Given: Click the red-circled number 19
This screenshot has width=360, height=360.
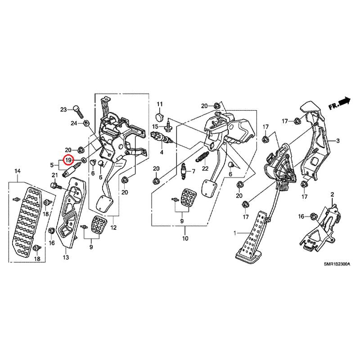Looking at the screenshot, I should pos(68,160).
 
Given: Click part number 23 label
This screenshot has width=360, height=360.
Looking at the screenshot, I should pos(63,109).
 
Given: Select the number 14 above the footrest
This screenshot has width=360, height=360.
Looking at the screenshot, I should pos(18,171).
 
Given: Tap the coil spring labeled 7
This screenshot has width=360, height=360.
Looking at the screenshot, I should pos(183,171).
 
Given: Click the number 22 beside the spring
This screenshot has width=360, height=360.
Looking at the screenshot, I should pos(205,168).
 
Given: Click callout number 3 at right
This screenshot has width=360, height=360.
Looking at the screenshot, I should pos(337,141).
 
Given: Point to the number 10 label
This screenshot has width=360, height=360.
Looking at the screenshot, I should pos(185,239).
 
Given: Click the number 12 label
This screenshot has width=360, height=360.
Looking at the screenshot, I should pos(113,228).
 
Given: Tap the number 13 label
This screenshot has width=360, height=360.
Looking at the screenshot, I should pos(66,257).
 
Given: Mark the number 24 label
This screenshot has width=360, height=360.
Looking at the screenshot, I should pos(73,123).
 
